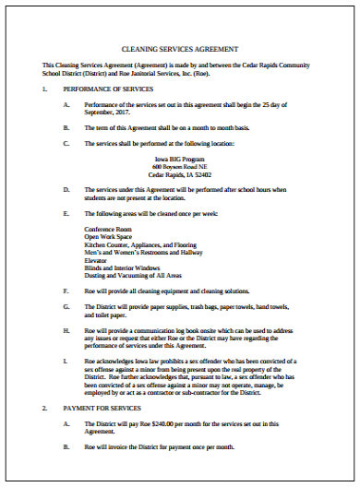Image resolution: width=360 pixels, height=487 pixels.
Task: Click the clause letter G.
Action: [x=66, y=290]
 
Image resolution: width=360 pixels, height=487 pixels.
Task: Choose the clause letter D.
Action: [x=66, y=189]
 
